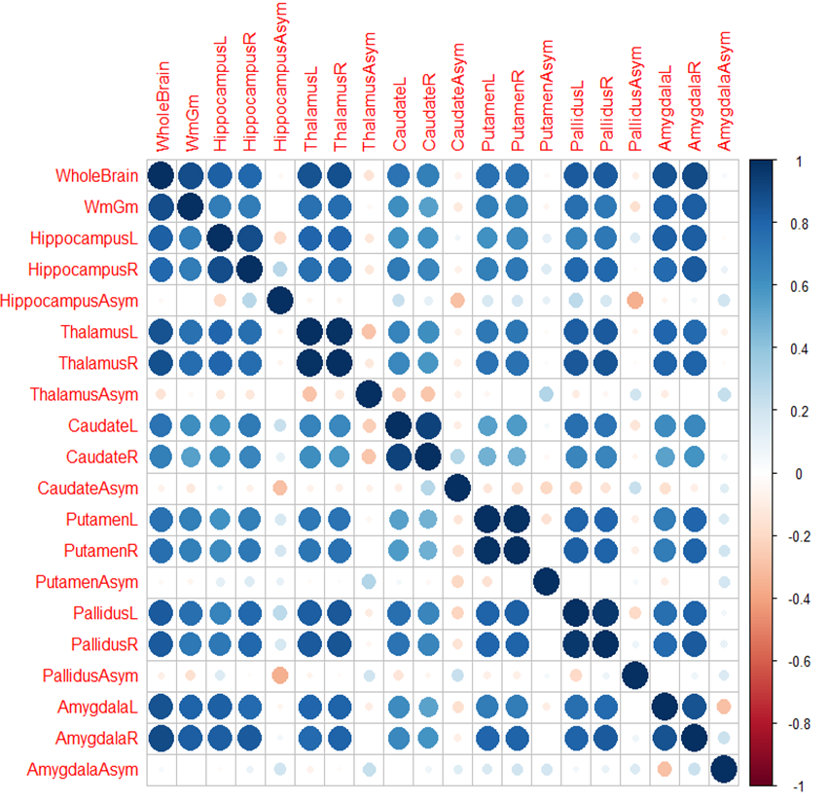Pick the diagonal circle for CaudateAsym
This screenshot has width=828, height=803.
coord(457,487)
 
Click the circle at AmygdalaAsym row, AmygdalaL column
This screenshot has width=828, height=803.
coord(665,770)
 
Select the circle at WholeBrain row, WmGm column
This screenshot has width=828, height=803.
coord(191,176)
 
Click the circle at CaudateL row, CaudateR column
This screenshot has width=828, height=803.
coord(428,426)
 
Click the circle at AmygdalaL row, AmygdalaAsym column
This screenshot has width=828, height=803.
coord(723,706)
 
